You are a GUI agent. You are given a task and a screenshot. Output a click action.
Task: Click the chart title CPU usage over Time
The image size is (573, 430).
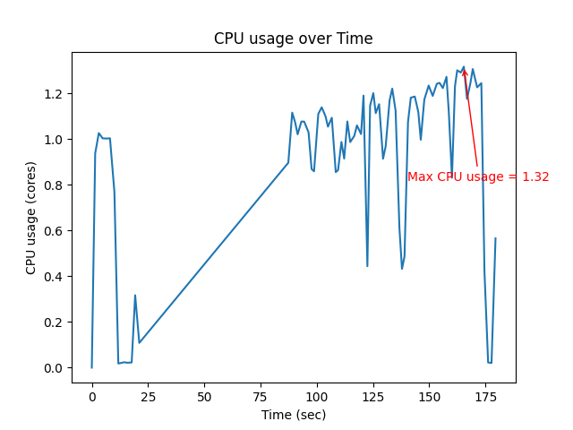pyautogui.click(x=293, y=39)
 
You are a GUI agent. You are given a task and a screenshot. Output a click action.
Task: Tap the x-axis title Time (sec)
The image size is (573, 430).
pyautogui.click(x=293, y=415)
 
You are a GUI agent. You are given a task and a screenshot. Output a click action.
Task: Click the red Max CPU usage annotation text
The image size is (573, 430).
pyautogui.click(x=478, y=177)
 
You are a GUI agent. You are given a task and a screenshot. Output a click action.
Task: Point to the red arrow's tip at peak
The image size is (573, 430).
pyautogui.click(x=464, y=67)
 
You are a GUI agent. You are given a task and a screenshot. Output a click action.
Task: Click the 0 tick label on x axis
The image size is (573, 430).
pyautogui.click(x=91, y=396)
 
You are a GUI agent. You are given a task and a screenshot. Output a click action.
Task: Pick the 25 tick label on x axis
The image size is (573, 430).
pyautogui.click(x=148, y=396)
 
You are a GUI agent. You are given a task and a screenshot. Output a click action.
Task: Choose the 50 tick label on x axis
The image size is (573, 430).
pyautogui.click(x=204, y=396)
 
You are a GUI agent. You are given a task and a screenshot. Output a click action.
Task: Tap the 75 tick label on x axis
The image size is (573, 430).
pyautogui.click(x=261, y=396)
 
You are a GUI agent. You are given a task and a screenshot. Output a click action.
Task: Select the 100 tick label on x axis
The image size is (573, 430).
pyautogui.click(x=317, y=396)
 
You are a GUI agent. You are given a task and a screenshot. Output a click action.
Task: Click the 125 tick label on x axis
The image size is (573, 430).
pyautogui.click(x=373, y=396)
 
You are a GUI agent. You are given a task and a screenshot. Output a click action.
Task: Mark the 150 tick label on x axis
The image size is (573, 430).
pyautogui.click(x=429, y=396)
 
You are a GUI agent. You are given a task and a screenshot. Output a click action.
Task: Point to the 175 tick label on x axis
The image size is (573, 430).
pyautogui.click(x=485, y=396)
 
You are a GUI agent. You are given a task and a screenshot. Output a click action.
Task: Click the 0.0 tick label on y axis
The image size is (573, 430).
pyautogui.click(x=54, y=368)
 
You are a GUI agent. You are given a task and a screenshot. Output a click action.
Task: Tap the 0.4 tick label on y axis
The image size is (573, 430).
pyautogui.click(x=54, y=277)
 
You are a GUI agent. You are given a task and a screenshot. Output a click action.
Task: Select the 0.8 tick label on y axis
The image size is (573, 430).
pyautogui.click(x=54, y=185)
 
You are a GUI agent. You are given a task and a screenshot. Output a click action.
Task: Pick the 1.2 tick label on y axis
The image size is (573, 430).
pyautogui.click(x=54, y=94)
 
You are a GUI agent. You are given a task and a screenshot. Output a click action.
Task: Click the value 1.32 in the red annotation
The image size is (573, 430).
pyautogui.click(x=535, y=177)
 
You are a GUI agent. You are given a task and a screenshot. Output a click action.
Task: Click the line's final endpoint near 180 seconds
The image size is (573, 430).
pyautogui.click(x=495, y=238)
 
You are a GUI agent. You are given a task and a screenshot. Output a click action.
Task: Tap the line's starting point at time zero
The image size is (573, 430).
pyautogui.click(x=91, y=367)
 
